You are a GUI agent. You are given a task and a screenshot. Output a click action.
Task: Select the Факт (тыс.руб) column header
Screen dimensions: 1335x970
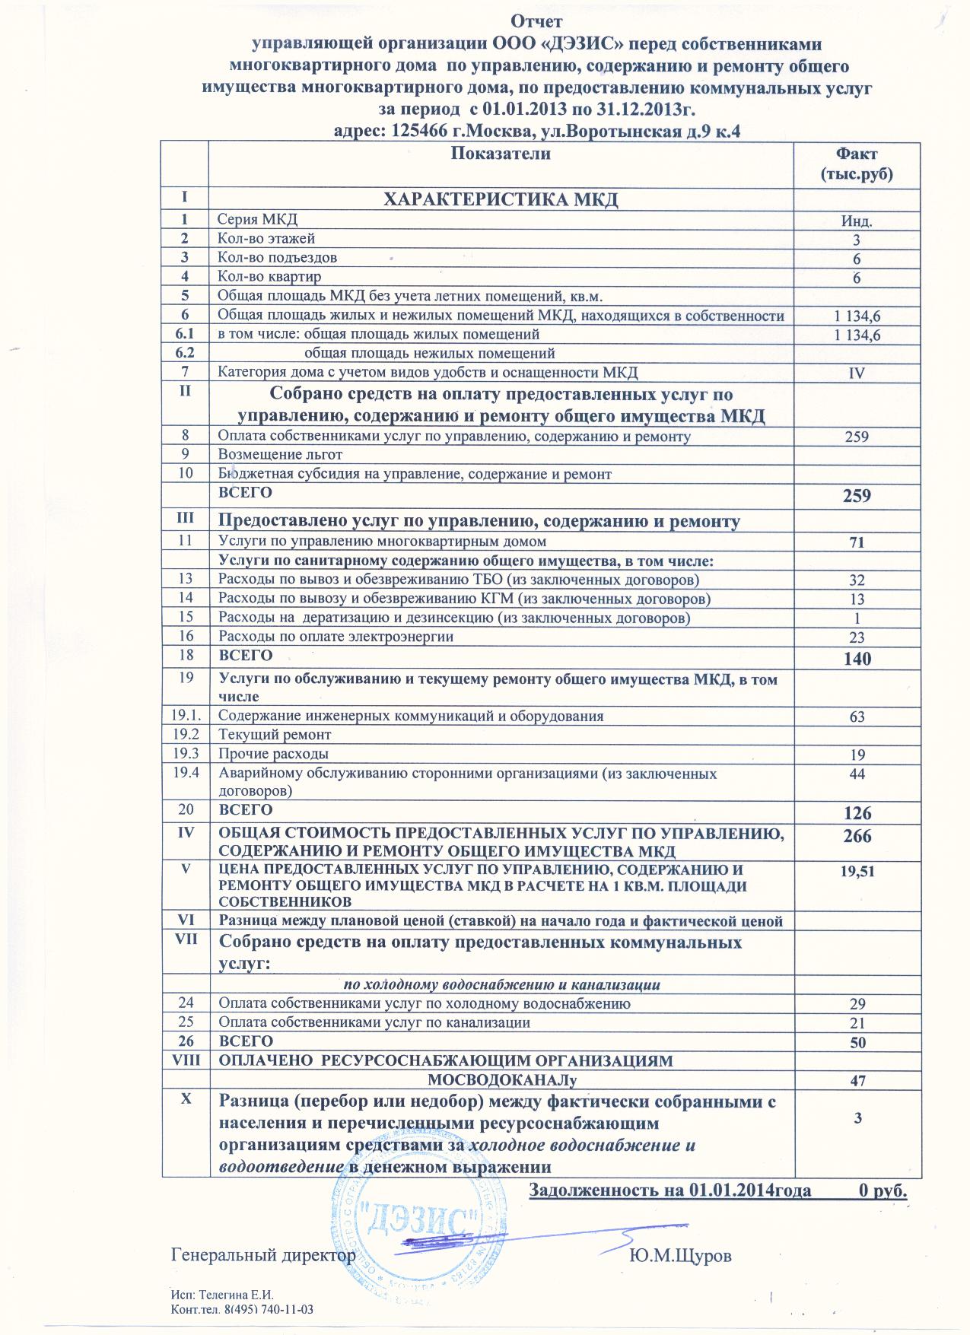tap(855, 164)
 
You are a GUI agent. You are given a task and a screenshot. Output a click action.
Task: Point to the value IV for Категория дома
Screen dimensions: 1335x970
tap(856, 373)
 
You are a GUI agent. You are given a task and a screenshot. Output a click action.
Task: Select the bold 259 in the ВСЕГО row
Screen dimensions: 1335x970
tap(856, 496)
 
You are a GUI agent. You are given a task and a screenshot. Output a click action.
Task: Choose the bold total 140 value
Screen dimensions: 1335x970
tap(856, 659)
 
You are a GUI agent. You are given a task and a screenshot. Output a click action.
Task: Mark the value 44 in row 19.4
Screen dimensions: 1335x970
tap(856, 774)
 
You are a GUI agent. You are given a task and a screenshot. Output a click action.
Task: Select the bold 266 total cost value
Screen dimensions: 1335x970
tap(856, 836)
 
